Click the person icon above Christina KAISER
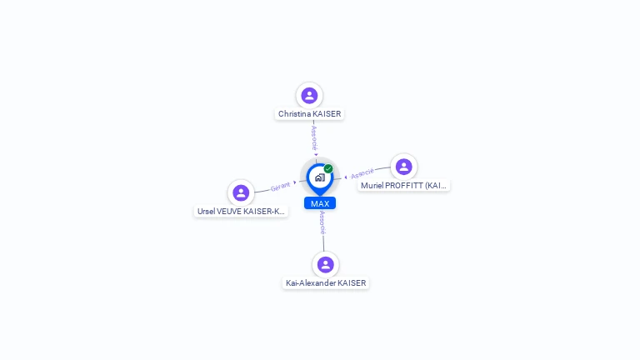click(x=309, y=95)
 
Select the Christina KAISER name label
click(x=309, y=114)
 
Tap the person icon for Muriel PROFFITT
click(x=403, y=167)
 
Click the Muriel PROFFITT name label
click(x=404, y=186)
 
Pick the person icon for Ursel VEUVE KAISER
click(x=241, y=192)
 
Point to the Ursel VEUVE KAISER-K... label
click(x=241, y=212)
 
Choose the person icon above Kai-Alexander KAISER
click(x=325, y=264)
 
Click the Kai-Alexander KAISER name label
click(x=325, y=283)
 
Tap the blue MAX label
click(x=319, y=203)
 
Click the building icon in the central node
click(x=319, y=177)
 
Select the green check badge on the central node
click(x=328, y=169)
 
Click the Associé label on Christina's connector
click(x=314, y=137)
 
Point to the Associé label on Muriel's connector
click(x=362, y=173)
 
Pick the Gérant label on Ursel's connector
click(x=281, y=187)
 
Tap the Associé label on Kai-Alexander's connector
click(x=322, y=222)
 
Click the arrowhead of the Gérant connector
click(x=295, y=182)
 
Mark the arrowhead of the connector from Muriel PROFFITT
click(x=346, y=177)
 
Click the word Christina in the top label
click(x=295, y=114)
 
